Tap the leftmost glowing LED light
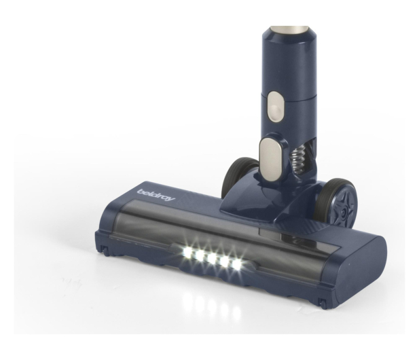186,252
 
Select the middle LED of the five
212,258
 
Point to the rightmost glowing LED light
236,265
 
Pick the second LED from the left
200,255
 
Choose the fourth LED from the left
224,262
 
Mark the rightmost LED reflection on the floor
236,311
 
